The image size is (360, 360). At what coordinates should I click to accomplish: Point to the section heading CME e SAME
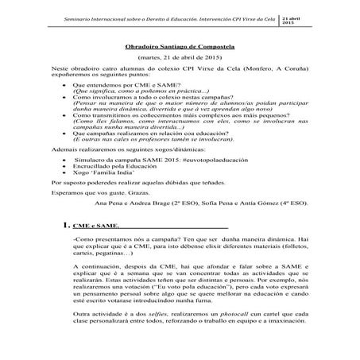(96, 226)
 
